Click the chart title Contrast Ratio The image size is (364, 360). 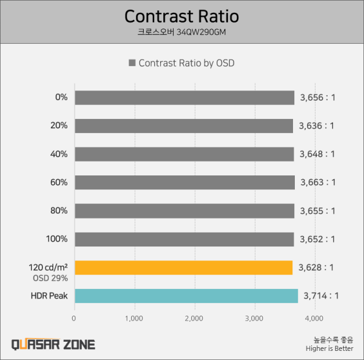click(x=182, y=16)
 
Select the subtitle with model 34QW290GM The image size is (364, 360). click(x=182, y=32)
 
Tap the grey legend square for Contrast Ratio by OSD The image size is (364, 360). click(x=132, y=63)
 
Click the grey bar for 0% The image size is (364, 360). click(x=184, y=98)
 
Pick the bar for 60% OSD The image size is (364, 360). click(x=185, y=183)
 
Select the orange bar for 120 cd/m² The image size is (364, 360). click(x=184, y=268)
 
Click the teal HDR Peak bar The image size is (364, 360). click(x=186, y=296)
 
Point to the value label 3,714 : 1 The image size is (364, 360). click(x=321, y=296)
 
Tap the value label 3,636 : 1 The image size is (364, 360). click(x=317, y=126)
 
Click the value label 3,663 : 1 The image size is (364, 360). click(x=318, y=183)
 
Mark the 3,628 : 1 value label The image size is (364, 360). click(x=316, y=268)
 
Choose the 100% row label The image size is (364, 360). click(x=57, y=239)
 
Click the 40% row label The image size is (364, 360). click(x=59, y=154)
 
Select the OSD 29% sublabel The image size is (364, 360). click(x=50, y=278)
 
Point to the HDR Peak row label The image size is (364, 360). click(x=49, y=296)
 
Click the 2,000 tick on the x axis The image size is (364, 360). click(x=194, y=319)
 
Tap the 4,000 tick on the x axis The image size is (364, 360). click(x=314, y=319)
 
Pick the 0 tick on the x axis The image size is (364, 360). click(x=74, y=319)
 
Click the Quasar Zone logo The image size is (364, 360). click(x=53, y=344)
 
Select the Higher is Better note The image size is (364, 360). click(x=329, y=348)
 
